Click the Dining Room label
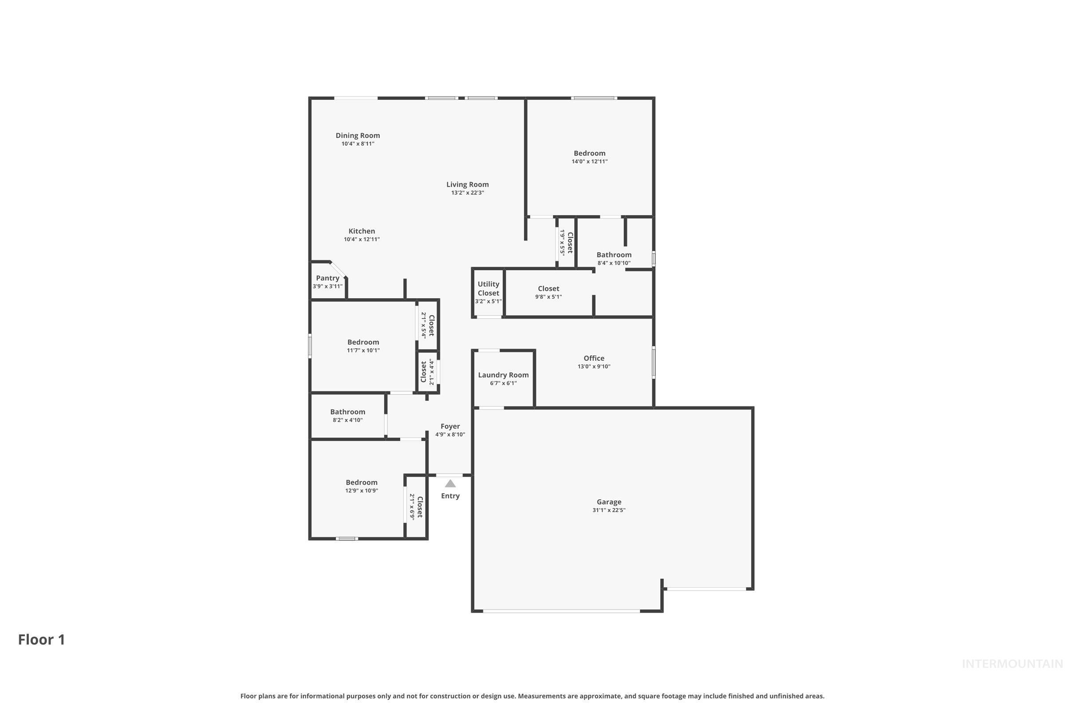coord(357,135)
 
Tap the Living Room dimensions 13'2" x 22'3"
coord(467,193)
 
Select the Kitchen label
coord(361,231)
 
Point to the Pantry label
coord(327,278)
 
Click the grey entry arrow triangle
coord(450,484)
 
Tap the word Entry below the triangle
coord(450,496)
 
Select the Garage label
coord(608,502)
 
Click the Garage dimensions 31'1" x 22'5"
coord(608,510)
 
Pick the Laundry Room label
coord(503,375)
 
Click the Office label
coord(594,358)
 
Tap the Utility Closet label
coord(488,288)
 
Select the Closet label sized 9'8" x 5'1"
coord(548,288)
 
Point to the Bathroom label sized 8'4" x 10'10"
coord(614,254)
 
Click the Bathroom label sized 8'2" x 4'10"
coord(347,412)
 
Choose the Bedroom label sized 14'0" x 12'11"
coord(589,153)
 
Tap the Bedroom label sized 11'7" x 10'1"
coord(363,342)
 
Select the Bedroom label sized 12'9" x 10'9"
coord(361,482)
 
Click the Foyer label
coord(450,426)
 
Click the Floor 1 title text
coord(41,639)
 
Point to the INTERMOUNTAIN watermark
coord(1012,664)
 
